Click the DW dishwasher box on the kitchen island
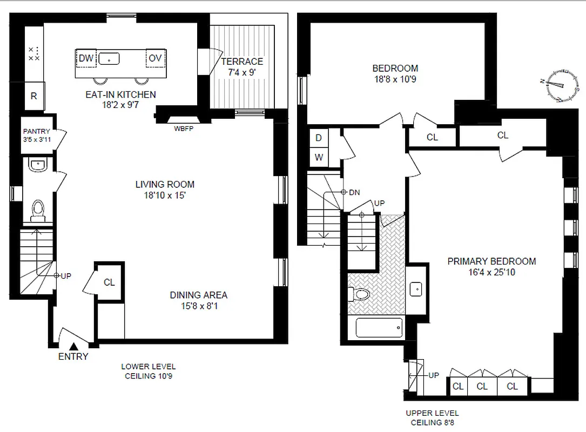click(x=86, y=58)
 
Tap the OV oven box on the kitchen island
click(x=156, y=58)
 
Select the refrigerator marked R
click(x=33, y=97)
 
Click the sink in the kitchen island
click(x=110, y=58)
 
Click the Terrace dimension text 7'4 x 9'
click(x=242, y=72)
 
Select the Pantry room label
click(x=37, y=131)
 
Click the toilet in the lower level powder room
click(x=38, y=210)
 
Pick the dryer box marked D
click(x=319, y=138)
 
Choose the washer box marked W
click(x=319, y=158)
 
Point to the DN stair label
click(x=354, y=192)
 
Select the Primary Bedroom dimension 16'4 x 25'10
click(x=491, y=273)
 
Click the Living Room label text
click(x=165, y=185)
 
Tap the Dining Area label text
click(x=198, y=295)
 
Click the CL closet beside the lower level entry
click(x=109, y=282)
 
